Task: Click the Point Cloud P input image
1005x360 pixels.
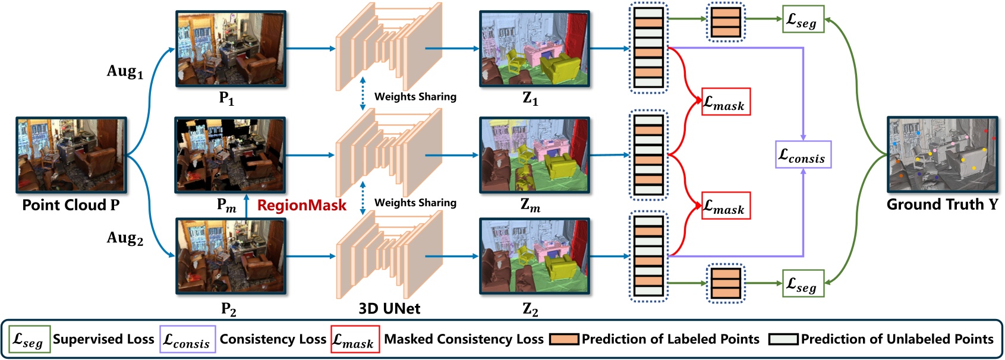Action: point(71,154)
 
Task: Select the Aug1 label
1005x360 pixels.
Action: point(125,72)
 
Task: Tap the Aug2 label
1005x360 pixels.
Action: point(125,238)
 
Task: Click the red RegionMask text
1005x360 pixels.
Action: point(301,206)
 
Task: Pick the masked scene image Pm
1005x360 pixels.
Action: point(230,154)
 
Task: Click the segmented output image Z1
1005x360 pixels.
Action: point(534,49)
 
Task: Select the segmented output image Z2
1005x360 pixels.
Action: point(534,257)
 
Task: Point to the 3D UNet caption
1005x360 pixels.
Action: point(389,308)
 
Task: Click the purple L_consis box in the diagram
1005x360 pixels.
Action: point(803,154)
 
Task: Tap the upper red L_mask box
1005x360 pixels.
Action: point(726,102)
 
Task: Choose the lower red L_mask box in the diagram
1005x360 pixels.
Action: point(726,206)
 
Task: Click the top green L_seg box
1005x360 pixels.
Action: point(803,19)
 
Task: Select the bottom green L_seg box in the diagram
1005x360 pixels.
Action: point(803,283)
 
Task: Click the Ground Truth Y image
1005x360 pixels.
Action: point(943,154)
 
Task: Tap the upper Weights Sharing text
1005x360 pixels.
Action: point(415,96)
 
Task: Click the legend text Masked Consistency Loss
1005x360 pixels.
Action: point(464,339)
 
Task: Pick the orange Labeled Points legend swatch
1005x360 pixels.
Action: point(564,339)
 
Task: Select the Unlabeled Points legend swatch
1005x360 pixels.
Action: point(783,339)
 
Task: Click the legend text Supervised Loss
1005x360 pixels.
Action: point(103,339)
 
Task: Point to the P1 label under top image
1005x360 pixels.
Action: point(227,99)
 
